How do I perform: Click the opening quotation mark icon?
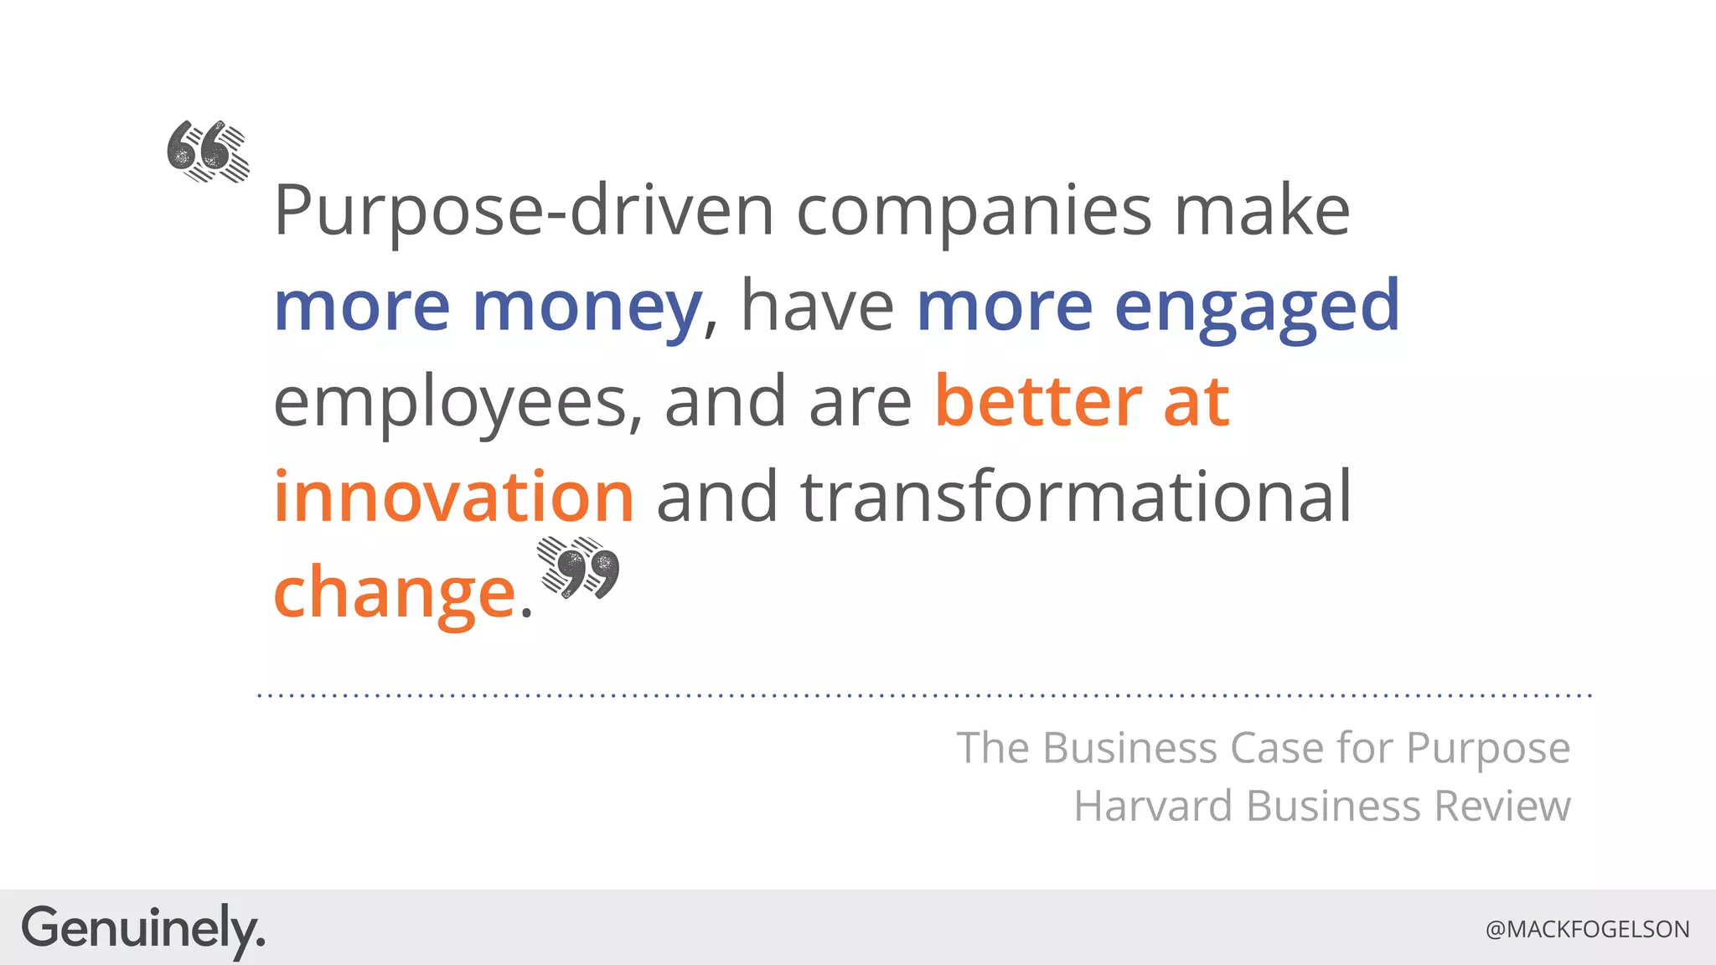tap(208, 152)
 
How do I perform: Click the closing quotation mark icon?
tap(578, 568)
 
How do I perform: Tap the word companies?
tap(974, 211)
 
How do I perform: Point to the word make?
tap(1262, 211)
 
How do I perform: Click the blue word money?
tap(587, 307)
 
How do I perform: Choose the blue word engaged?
tap(1257, 307)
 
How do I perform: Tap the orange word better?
tap(1037, 402)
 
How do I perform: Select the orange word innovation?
tap(453, 497)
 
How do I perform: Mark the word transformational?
tap(1076, 497)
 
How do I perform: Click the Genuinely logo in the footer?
tap(142, 929)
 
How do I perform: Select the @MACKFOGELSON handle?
tap(1587, 929)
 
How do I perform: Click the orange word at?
tap(1196, 402)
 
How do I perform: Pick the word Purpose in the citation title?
tap(1487, 747)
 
